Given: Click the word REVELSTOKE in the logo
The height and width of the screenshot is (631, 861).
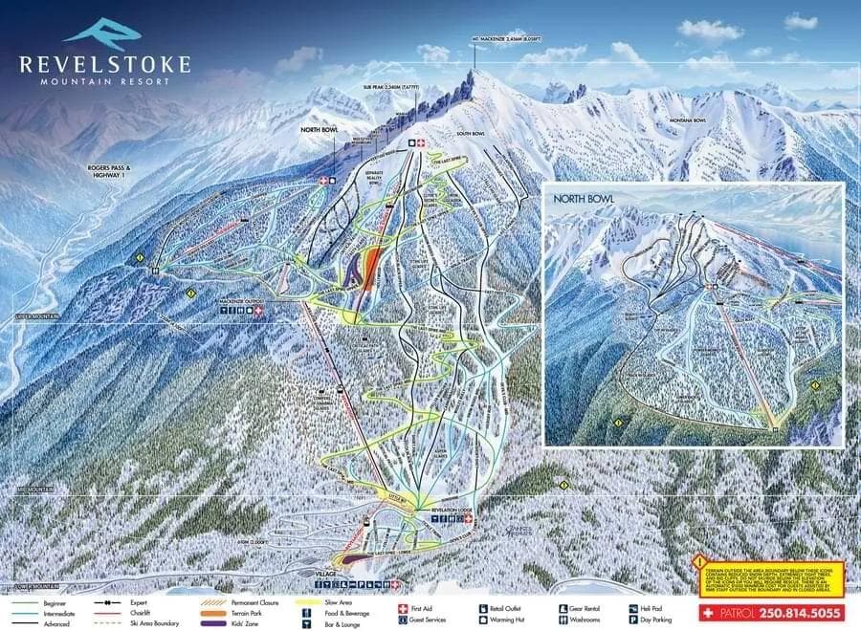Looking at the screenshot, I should (x=105, y=64).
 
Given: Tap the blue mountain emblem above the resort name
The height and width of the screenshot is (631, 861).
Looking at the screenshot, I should (x=102, y=31).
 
